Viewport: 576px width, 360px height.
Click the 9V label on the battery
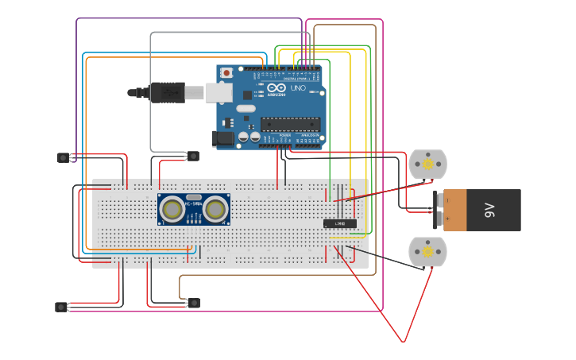(x=489, y=210)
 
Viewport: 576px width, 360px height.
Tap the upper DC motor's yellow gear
(x=427, y=165)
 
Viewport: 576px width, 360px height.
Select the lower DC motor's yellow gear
(x=427, y=252)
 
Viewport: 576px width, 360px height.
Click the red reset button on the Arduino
(x=226, y=73)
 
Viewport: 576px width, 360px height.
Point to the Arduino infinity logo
(x=275, y=89)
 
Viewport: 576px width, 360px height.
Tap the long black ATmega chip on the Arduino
(x=290, y=124)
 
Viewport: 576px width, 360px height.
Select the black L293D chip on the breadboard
(x=339, y=223)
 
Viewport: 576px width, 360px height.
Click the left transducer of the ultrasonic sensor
(x=172, y=209)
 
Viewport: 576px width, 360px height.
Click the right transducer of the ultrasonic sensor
(x=215, y=209)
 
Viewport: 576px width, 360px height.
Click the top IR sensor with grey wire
(x=193, y=156)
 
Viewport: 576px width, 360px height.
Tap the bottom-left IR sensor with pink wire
(x=61, y=307)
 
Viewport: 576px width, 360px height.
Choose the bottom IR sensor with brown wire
(x=194, y=303)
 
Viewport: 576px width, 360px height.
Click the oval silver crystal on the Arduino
(x=245, y=108)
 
